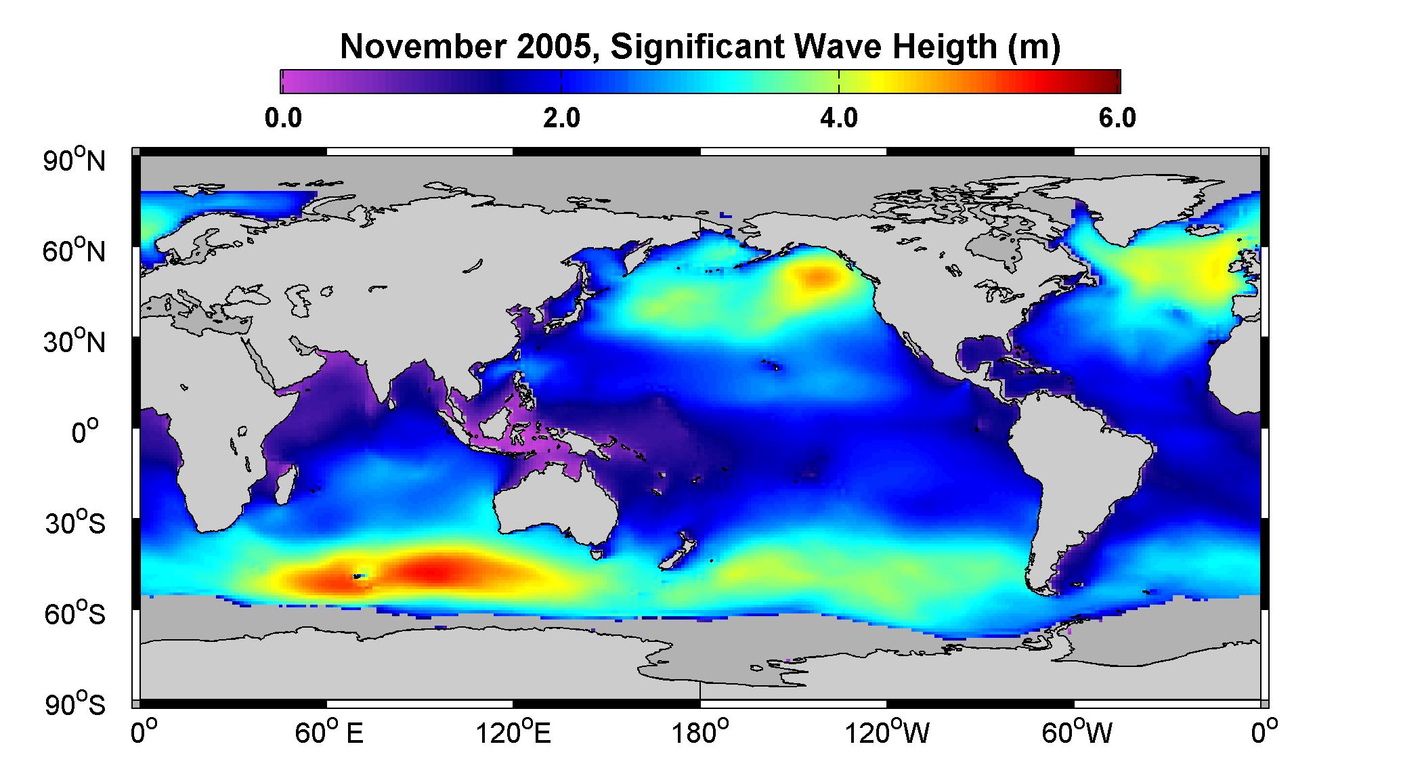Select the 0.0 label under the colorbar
pyautogui.click(x=283, y=118)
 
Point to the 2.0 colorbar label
pyautogui.click(x=561, y=118)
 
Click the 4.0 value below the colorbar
pyautogui.click(x=839, y=118)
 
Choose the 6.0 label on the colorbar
pyautogui.click(x=1117, y=118)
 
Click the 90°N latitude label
pyautogui.click(x=75, y=160)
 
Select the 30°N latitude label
pyautogui.click(x=75, y=342)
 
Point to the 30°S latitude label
pyautogui.click(x=75, y=523)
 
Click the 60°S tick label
pyautogui.click(x=75, y=614)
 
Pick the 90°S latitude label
pyautogui.click(x=75, y=705)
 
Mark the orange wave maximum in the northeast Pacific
pyautogui.click(x=819, y=277)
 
